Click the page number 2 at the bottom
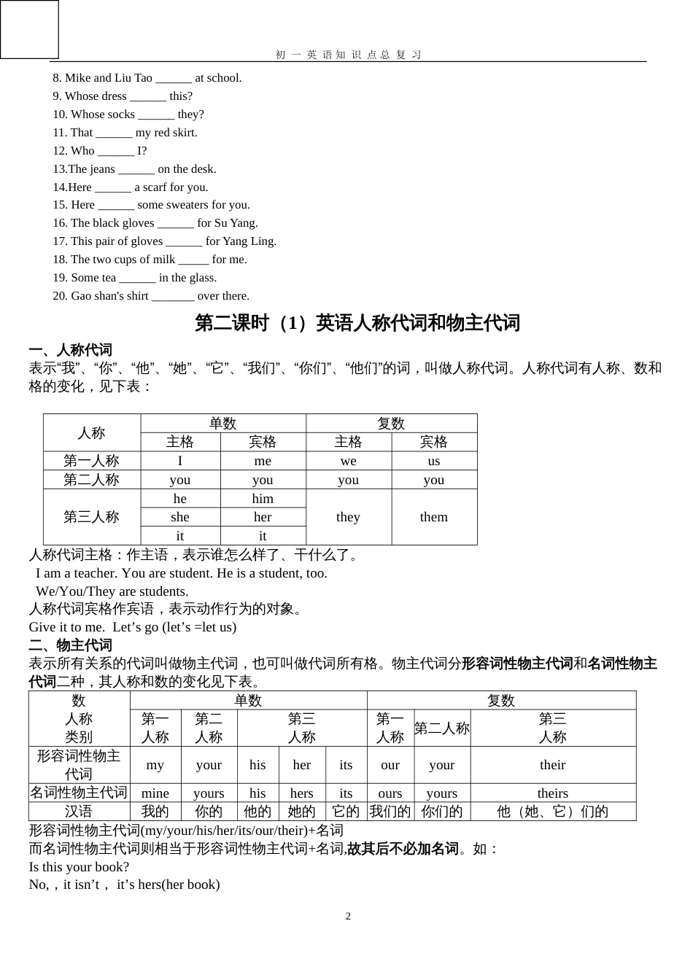(348, 916)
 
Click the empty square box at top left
(29, 29)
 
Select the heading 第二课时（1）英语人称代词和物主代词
(357, 323)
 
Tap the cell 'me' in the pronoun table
(263, 461)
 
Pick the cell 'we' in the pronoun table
(348, 461)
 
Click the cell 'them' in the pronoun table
(433, 517)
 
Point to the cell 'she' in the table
(179, 517)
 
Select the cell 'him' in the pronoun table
(263, 499)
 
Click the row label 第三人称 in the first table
(91, 517)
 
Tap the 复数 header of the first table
(391, 424)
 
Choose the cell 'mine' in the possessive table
(155, 793)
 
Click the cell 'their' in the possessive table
(552, 765)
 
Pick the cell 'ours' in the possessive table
(390, 793)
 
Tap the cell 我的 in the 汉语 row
(155, 812)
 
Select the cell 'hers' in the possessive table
(301, 793)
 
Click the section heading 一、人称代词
(70, 350)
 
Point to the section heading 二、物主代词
(70, 645)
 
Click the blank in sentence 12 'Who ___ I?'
(115, 152)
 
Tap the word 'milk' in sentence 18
(164, 260)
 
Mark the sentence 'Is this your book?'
(79, 867)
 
